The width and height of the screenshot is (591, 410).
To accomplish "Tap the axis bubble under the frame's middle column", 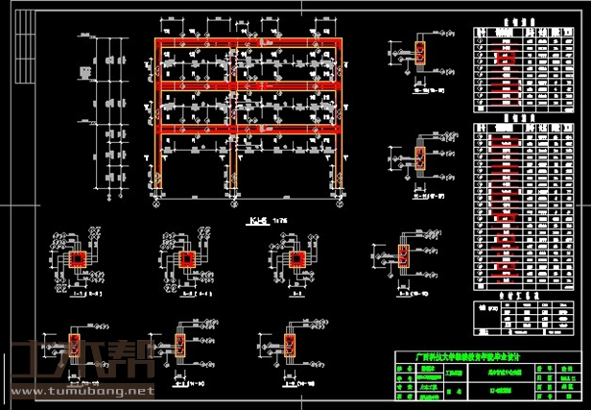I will point(233,202).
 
